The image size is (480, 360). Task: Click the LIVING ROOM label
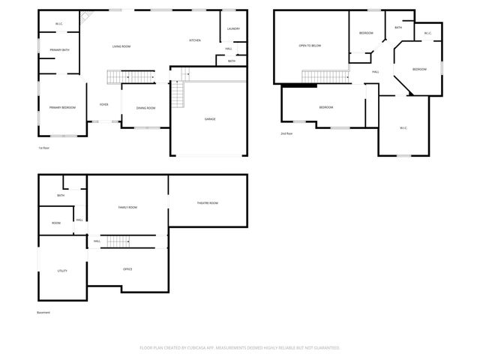[121, 46]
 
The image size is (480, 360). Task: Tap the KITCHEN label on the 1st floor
[195, 40]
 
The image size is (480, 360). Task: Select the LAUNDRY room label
[232, 29]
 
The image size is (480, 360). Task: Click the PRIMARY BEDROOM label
[63, 107]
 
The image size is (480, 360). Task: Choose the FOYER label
[104, 106]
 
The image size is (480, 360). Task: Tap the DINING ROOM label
[146, 108]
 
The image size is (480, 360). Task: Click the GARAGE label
[211, 118]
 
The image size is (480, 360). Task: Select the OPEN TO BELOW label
[310, 46]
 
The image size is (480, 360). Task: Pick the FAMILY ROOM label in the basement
[127, 207]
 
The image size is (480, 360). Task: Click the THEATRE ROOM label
[207, 202]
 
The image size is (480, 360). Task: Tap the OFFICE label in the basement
[127, 268]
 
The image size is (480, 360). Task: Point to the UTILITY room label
[62, 271]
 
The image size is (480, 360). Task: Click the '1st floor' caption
[44, 148]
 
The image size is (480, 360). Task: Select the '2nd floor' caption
[286, 133]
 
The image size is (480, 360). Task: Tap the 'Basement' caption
[43, 312]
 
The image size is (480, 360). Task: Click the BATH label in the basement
[61, 196]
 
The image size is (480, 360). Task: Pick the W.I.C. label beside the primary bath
[58, 25]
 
